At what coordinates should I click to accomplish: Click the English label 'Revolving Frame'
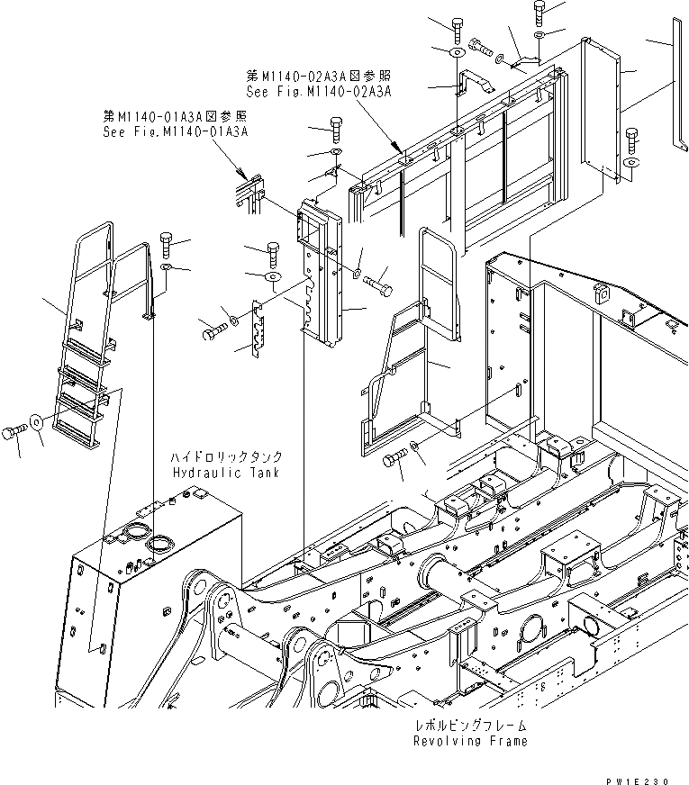tap(470, 741)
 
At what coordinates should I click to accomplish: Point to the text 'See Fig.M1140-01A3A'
tap(175, 131)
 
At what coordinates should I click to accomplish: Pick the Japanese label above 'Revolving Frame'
tap(471, 725)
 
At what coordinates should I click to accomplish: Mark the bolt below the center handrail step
tap(394, 461)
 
